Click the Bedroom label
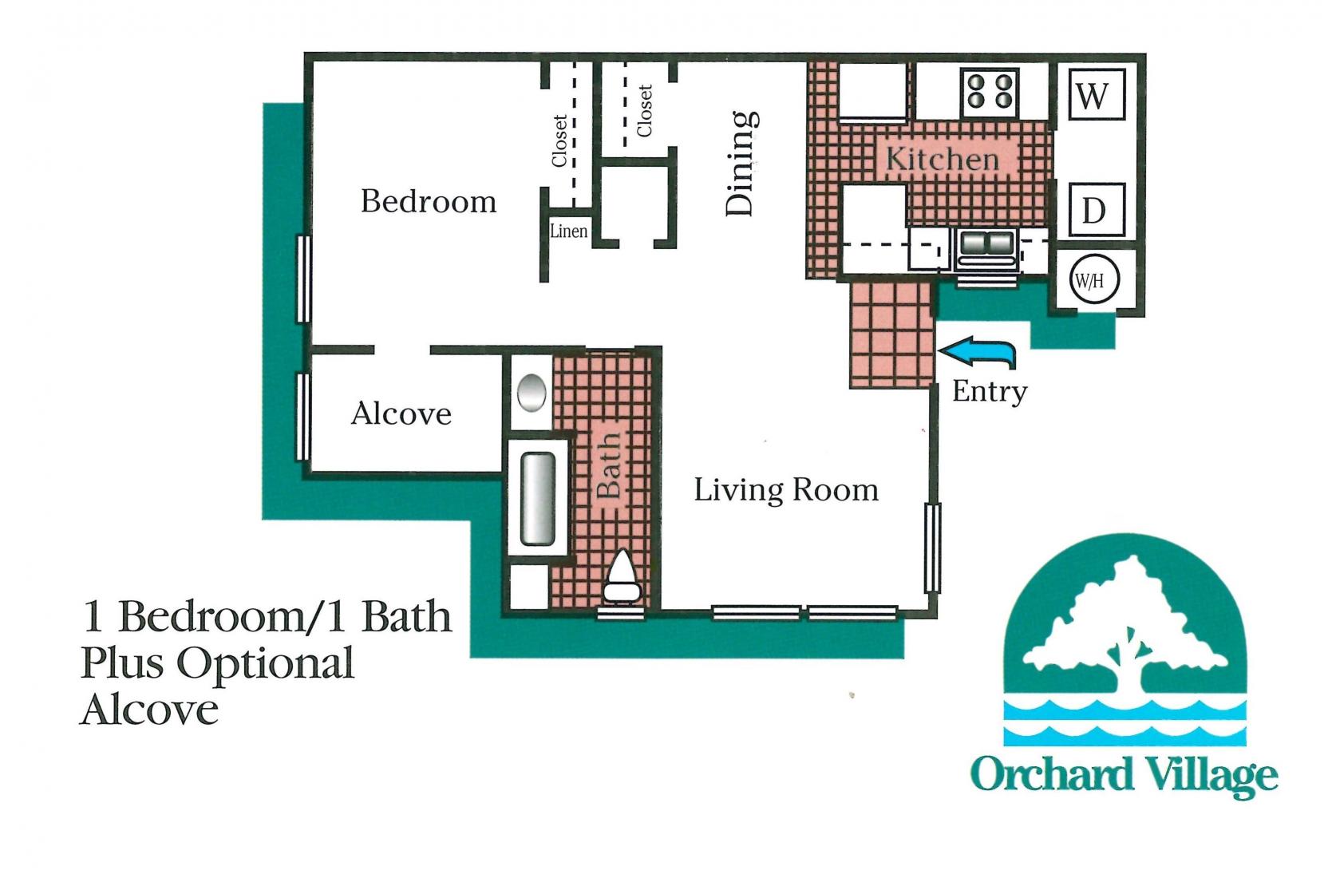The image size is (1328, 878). click(429, 201)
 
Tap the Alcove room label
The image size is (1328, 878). click(401, 413)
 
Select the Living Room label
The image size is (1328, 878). click(785, 489)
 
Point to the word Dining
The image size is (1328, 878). click(741, 164)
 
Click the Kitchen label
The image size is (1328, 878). click(943, 159)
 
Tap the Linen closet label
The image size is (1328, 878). click(569, 231)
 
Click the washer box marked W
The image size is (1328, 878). click(1093, 95)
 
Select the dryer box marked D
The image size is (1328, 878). click(1093, 211)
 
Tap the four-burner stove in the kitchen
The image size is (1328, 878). click(990, 91)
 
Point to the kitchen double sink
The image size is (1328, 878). click(986, 243)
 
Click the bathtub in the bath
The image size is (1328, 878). click(538, 500)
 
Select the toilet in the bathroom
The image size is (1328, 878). click(622, 578)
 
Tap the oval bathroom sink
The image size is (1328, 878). click(532, 394)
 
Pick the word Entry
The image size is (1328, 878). click(990, 391)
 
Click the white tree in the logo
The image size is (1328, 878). click(1126, 631)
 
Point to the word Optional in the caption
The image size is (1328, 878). click(264, 662)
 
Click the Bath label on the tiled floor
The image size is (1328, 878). click(608, 465)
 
